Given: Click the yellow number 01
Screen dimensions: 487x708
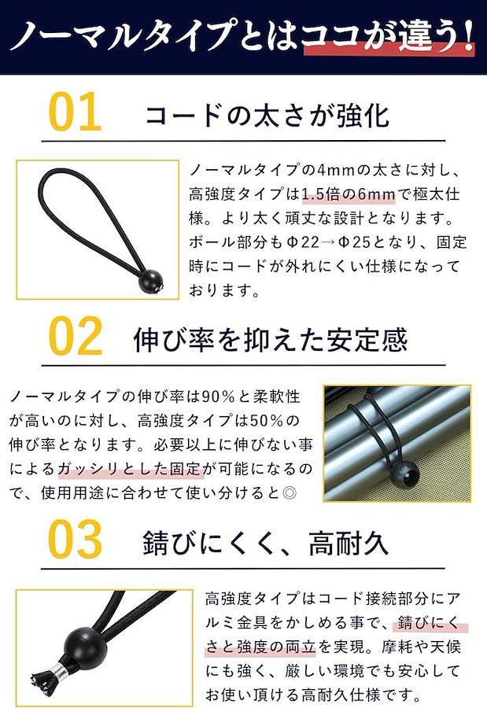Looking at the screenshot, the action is point(75,112).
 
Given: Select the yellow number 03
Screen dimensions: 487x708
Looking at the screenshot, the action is point(75,539).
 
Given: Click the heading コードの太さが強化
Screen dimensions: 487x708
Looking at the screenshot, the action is point(267,115).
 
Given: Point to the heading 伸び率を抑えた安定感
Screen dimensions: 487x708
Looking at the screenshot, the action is point(270,339).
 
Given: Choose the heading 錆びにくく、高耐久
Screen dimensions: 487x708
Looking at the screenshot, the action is point(265,542).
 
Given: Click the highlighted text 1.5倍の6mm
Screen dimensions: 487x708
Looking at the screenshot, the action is point(349,194).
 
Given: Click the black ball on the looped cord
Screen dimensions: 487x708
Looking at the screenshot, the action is point(150,282).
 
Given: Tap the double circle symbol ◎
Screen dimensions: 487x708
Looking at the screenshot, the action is point(289,492).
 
